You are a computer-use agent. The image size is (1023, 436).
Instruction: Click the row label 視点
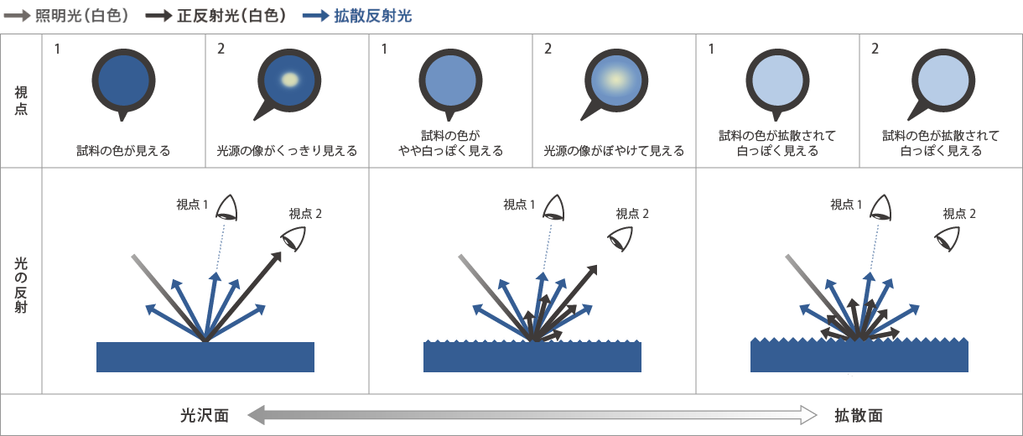pyautogui.click(x=21, y=101)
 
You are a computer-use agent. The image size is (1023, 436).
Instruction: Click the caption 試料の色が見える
pyautogui.click(x=123, y=152)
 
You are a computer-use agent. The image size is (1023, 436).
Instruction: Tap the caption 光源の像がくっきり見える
pyautogui.click(x=287, y=152)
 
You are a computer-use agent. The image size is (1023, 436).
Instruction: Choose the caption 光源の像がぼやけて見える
pyautogui.click(x=614, y=152)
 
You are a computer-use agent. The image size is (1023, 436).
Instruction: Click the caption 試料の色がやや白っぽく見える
pyautogui.click(x=450, y=143)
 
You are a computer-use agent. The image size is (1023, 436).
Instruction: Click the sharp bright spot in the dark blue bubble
pyautogui.click(x=289, y=80)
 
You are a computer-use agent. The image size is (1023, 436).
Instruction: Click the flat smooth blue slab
pyautogui.click(x=205, y=357)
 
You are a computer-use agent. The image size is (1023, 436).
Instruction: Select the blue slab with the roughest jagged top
pyautogui.click(x=859, y=356)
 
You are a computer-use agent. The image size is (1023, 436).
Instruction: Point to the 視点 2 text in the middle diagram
pyautogui.click(x=633, y=213)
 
